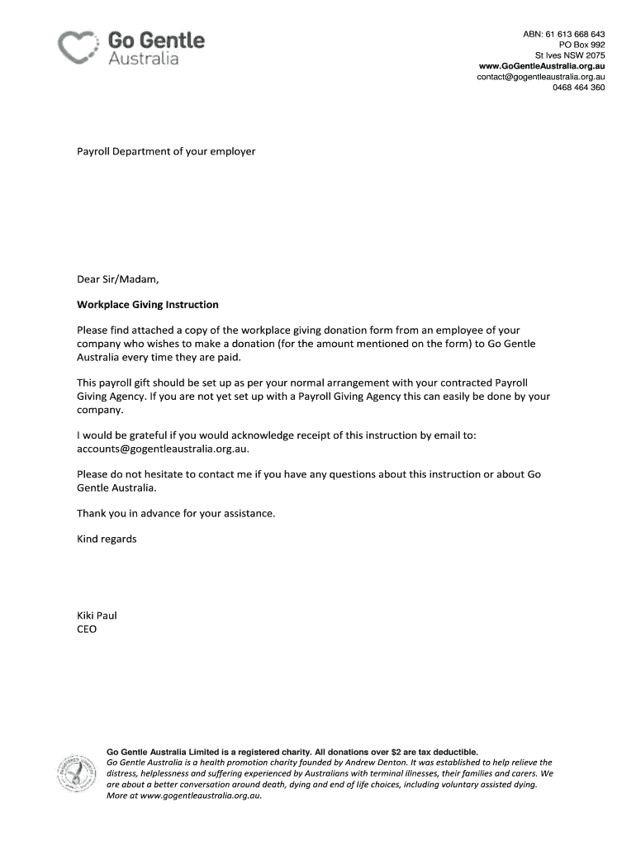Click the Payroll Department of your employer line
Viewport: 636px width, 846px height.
(166, 152)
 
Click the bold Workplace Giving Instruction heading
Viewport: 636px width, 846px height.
(148, 304)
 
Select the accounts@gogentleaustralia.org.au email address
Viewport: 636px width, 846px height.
(162, 449)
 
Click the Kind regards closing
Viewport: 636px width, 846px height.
(107, 539)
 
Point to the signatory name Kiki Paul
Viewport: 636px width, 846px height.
(98, 615)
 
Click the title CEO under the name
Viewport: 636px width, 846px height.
(87, 629)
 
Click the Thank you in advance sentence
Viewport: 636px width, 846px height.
(175, 513)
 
